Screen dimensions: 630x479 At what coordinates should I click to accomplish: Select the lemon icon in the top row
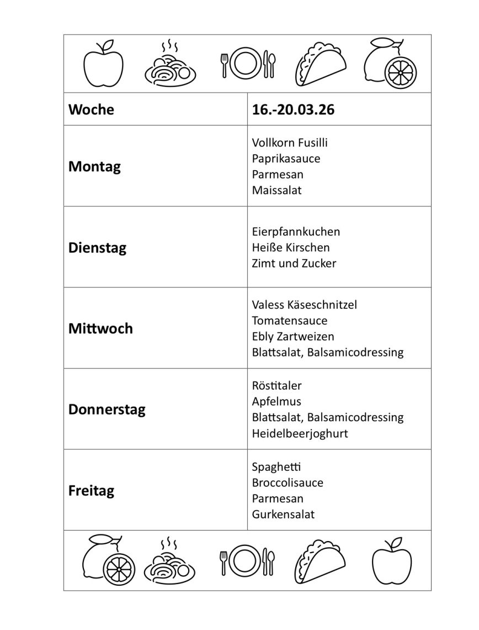pos(390,62)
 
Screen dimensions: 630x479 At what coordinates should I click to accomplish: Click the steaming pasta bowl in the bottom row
pos(170,560)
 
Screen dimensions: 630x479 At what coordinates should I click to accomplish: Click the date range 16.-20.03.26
pos(293,109)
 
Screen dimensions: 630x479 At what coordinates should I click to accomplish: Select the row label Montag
pos(94,166)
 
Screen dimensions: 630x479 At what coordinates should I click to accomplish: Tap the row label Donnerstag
pos(107,410)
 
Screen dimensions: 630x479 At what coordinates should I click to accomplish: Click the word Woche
pos(91,109)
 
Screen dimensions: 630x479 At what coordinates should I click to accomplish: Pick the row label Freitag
pos(91,490)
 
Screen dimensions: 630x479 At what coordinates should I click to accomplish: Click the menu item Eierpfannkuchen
pos(296,232)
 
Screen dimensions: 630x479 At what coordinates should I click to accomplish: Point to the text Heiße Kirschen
pos(291,248)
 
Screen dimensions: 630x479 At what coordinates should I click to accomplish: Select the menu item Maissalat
pos(277,191)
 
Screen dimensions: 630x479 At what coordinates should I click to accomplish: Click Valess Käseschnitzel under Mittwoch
pos(305,305)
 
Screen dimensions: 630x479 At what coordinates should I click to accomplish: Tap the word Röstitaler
pos(277,385)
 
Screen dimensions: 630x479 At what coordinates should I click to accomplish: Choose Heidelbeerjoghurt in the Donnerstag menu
pos(300,434)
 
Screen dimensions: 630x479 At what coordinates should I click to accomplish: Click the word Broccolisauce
pos(288,482)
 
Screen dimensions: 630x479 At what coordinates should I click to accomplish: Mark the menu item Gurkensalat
pos(283,514)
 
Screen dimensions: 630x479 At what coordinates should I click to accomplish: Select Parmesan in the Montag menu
pos(278,175)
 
